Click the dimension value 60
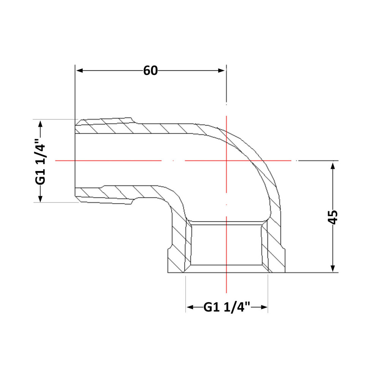(x=150, y=71)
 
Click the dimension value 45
(x=333, y=217)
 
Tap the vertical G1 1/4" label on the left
(x=40, y=161)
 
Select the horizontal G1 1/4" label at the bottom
(x=226, y=307)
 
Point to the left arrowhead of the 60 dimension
(x=79, y=71)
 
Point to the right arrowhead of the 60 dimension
(x=222, y=71)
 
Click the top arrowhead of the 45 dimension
(x=333, y=166)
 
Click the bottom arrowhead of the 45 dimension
(x=333, y=268)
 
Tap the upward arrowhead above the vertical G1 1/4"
(x=40, y=124)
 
